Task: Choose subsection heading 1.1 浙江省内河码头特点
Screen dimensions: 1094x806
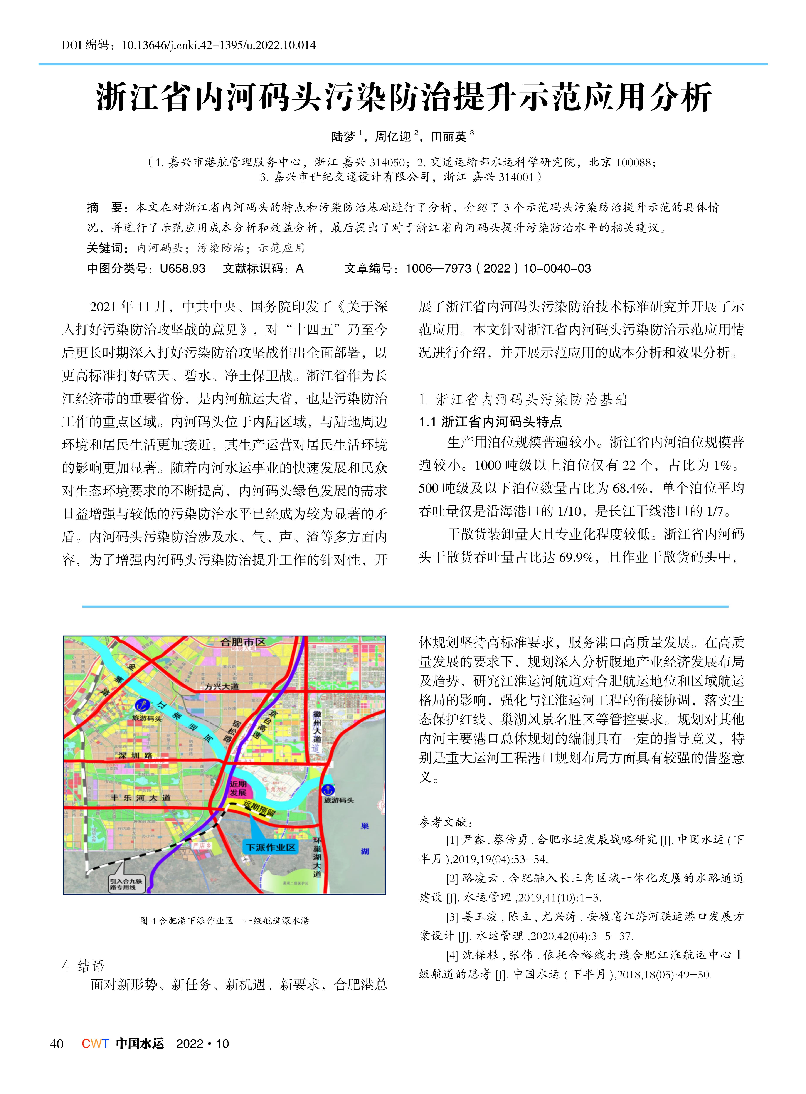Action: coord(490,422)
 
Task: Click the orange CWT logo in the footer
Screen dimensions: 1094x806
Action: coord(95,1043)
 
